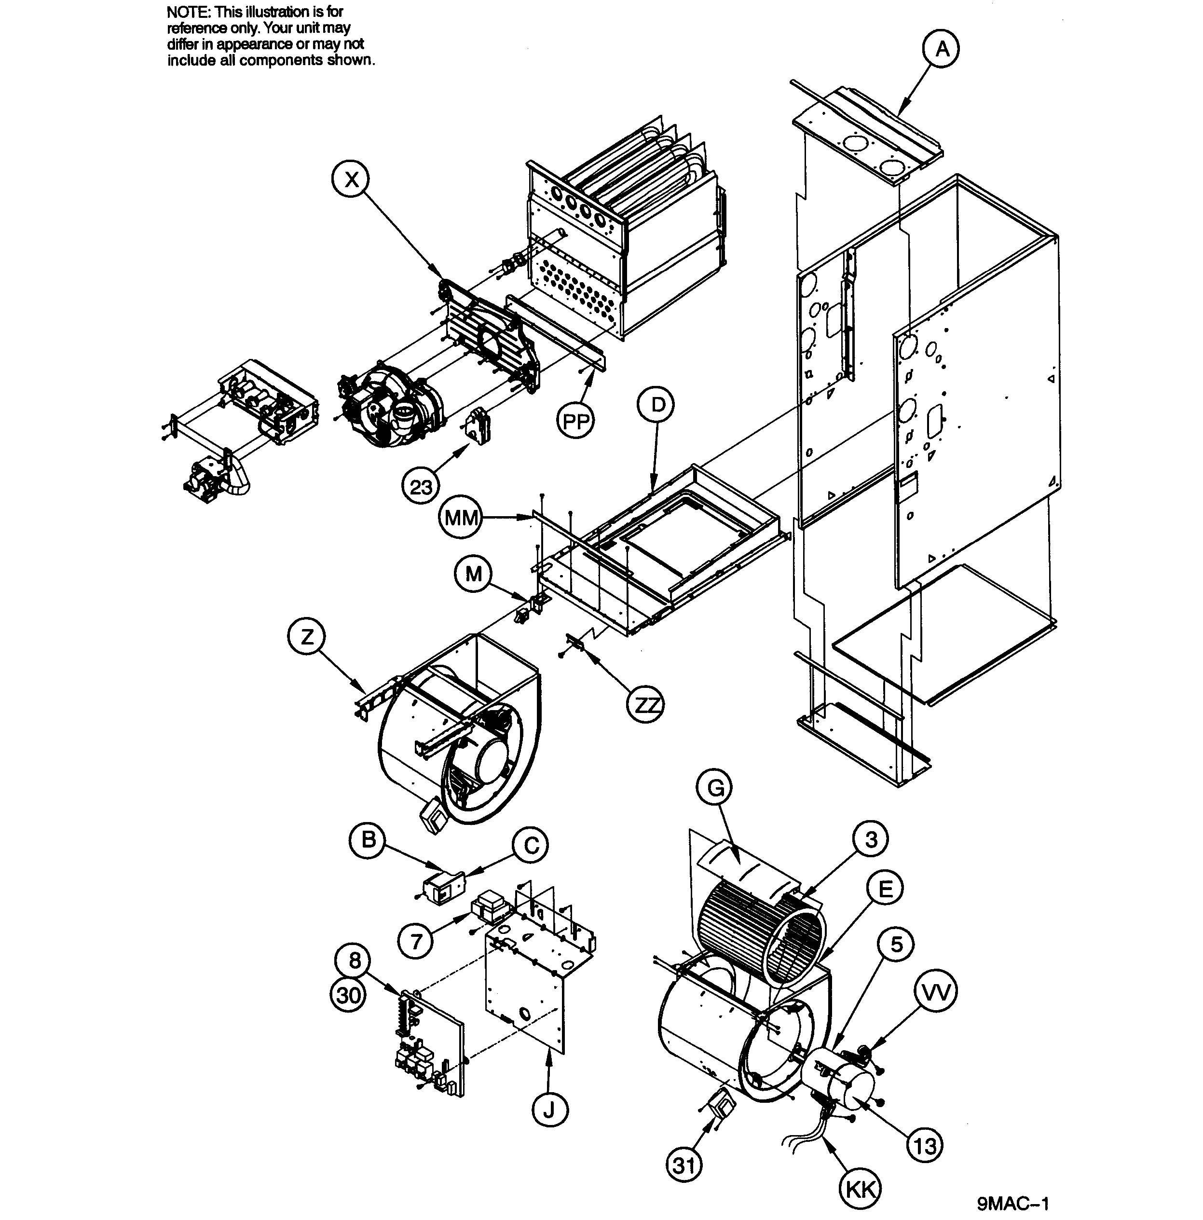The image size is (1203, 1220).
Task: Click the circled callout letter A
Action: coord(941,49)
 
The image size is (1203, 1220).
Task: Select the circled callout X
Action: coord(352,179)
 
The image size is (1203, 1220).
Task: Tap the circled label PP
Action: coord(575,421)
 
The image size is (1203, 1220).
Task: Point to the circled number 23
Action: coord(421,487)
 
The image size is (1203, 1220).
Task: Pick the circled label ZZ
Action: coord(645,705)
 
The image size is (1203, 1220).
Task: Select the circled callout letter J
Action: coord(549,1110)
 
